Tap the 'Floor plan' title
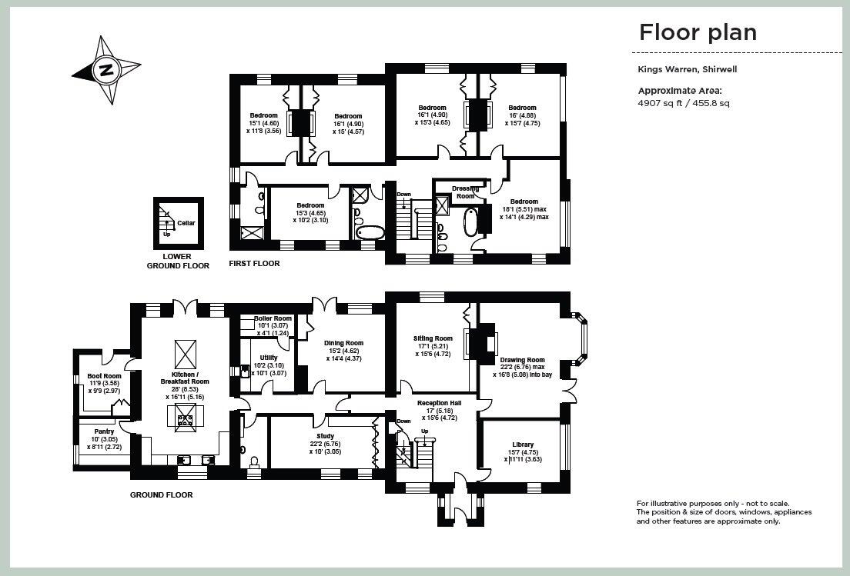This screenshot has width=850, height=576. [698, 32]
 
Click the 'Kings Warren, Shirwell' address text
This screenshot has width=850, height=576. [688, 69]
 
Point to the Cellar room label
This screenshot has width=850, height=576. [186, 223]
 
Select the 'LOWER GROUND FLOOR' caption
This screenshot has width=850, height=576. [178, 261]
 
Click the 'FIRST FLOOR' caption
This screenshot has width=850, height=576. [254, 264]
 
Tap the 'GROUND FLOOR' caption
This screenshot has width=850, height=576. [162, 494]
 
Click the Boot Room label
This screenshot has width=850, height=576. [104, 376]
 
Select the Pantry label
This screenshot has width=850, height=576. [104, 431]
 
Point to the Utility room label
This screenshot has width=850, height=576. [269, 358]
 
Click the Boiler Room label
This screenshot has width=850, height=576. [273, 318]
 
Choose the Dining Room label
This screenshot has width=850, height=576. [343, 343]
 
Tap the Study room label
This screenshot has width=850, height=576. [325, 436]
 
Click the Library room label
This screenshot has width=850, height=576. [521, 445]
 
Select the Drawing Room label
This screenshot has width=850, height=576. [523, 360]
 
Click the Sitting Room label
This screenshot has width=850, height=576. [433, 339]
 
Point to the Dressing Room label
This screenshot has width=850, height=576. [465, 192]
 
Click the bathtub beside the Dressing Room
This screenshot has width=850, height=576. [470, 221]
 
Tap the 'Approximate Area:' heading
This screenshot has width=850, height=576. [680, 91]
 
